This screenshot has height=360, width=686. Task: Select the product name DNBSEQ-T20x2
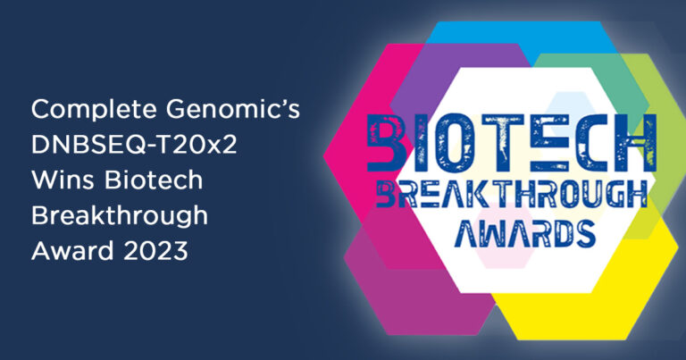[x=134, y=145]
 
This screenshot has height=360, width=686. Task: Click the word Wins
[x=63, y=180]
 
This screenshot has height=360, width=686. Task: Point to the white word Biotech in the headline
[x=154, y=180]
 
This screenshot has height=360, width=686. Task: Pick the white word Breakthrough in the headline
[x=120, y=216]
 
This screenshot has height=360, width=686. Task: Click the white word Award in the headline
[x=72, y=251]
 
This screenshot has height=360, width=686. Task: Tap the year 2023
[x=155, y=252]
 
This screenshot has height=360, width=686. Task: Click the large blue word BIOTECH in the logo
[x=511, y=143]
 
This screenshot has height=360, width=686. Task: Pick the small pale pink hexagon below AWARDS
[x=503, y=257]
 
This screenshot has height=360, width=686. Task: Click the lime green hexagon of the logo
[x=657, y=88]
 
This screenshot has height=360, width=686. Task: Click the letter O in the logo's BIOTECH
[x=457, y=143]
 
